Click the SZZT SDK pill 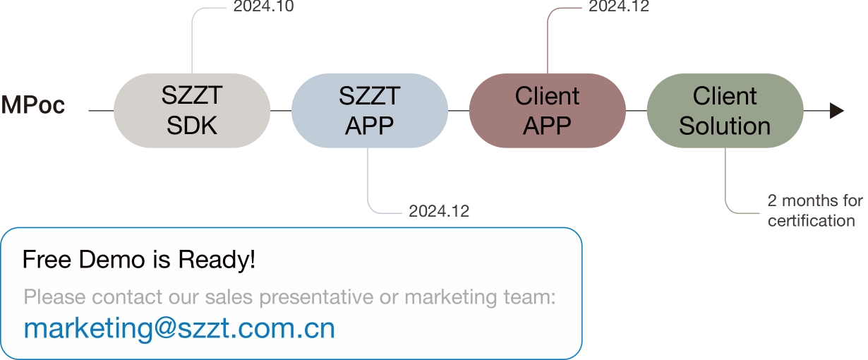[x=192, y=110]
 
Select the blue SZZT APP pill [x=370, y=110]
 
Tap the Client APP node [x=547, y=110]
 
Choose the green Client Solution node [x=725, y=110]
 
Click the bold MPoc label [x=33, y=104]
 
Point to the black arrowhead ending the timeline [x=837, y=111]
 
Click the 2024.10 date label [x=263, y=6]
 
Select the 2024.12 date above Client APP [x=619, y=6]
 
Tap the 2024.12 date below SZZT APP [x=439, y=211]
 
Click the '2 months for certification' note [x=815, y=211]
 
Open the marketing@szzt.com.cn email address [x=179, y=329]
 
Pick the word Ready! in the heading [x=217, y=260]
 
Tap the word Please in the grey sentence [x=54, y=297]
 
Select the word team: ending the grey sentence [x=530, y=297]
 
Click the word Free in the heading [x=47, y=259]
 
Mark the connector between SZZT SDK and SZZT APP [x=281, y=110]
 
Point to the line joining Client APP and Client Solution [x=637, y=110]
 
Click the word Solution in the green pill [x=725, y=126]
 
